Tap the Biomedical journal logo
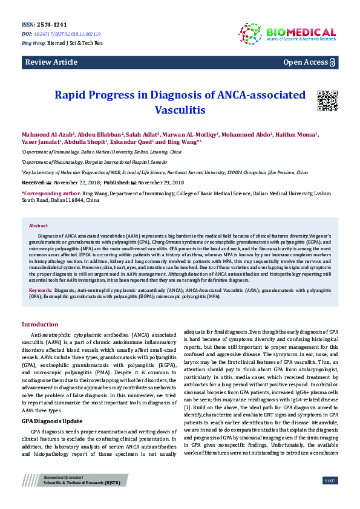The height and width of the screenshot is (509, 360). click(x=287, y=33)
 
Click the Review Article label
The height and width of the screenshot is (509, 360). click(x=51, y=62)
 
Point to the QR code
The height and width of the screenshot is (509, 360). click(x=327, y=100)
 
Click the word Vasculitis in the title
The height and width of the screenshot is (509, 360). click(x=180, y=111)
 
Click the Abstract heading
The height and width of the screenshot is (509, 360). click(x=39, y=225)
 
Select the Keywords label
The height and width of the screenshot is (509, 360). click(x=41, y=291)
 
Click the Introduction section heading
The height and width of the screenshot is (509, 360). click(x=44, y=325)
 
